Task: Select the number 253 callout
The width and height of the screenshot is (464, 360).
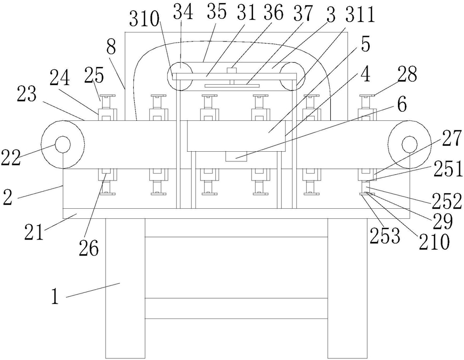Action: tap(385, 236)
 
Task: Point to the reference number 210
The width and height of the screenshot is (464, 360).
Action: tap(434, 242)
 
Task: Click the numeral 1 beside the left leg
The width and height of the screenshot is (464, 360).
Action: tap(55, 297)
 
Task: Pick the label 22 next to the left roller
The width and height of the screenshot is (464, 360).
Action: tap(11, 157)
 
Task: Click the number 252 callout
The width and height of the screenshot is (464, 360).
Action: tap(446, 201)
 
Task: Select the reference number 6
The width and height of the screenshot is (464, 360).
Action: tap(402, 106)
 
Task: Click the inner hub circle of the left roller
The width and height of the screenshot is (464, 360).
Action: tap(62, 144)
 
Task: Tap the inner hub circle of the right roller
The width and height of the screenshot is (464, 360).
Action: tap(410, 144)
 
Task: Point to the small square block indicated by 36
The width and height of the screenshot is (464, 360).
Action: tap(232, 70)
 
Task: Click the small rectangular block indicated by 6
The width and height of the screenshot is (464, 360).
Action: tap(236, 157)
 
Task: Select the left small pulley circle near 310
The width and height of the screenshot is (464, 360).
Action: tap(180, 76)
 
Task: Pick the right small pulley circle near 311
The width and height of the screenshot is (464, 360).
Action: tap(293, 76)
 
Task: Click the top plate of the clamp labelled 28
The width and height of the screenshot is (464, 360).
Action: tap(367, 95)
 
